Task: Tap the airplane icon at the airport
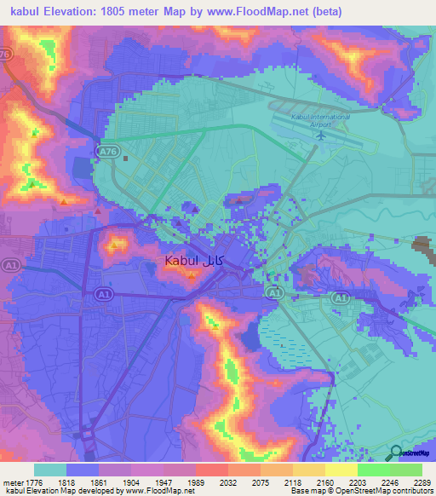(321, 134)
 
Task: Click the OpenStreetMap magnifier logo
(395, 453)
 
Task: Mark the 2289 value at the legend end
(423, 482)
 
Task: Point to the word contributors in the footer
(411, 491)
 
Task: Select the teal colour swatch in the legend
(49, 470)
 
